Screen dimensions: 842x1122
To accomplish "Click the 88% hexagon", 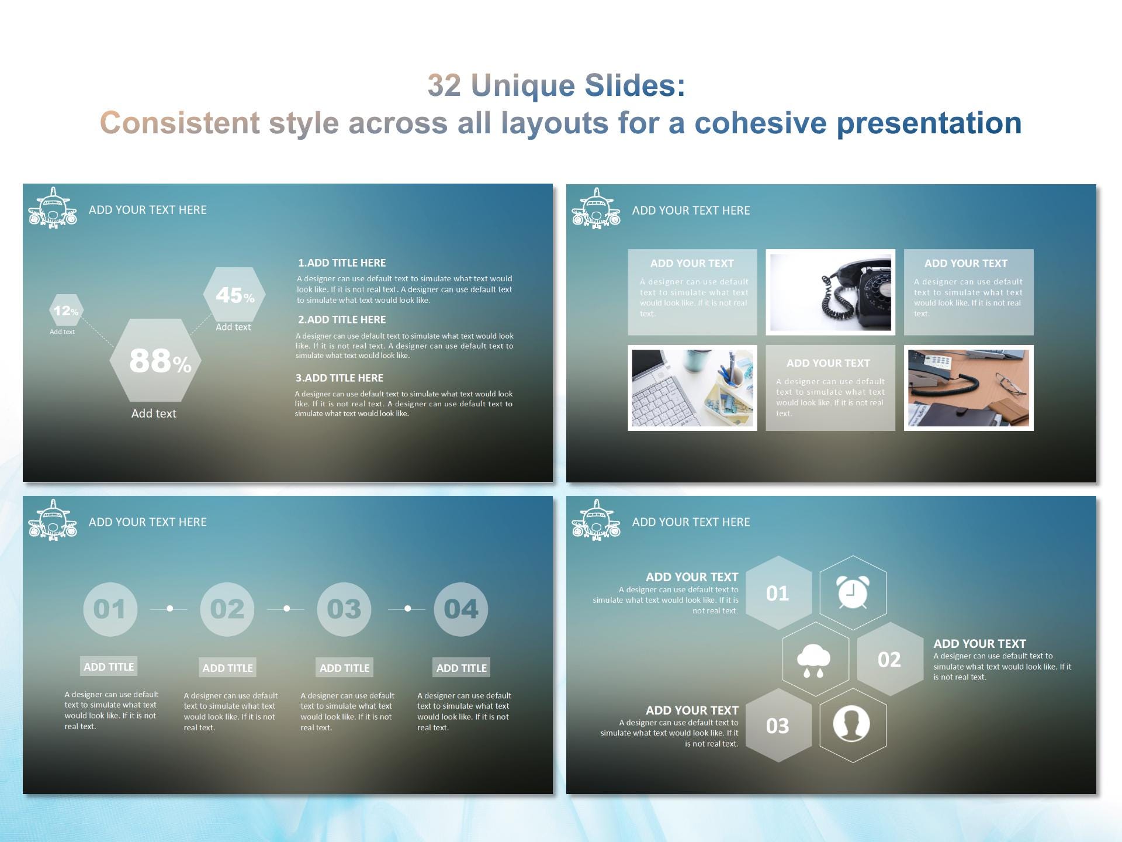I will coord(155,360).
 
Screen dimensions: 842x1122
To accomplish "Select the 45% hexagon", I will coord(234,295).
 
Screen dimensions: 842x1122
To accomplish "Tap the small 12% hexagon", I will coord(66,310).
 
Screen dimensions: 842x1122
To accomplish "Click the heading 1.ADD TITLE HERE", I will coord(342,263).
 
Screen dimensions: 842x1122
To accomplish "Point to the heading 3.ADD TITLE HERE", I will coord(340,378).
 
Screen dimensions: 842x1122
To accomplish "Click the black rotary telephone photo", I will coord(830,292).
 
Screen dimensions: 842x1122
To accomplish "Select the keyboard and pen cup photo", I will coord(692,388).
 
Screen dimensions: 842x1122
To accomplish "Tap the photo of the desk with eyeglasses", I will coord(968,388).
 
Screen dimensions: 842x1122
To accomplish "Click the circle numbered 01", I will coord(110,609).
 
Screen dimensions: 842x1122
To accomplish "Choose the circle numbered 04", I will coord(460,609).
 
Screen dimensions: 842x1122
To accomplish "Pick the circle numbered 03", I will coord(344,609).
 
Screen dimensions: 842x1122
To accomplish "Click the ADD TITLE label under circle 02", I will coord(227,668).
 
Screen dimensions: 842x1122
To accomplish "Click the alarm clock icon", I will coord(853,593).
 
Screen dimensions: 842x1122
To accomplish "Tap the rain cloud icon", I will coord(814,660).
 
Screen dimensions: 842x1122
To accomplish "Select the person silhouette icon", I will coord(851,725).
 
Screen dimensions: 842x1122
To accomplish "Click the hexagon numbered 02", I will coord(889,660).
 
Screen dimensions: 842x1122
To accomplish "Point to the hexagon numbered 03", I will coord(778,726).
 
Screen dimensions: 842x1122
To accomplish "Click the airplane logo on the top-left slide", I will coord(53,209).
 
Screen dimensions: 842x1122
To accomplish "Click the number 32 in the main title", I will coord(444,85).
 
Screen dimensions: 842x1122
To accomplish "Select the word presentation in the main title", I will coord(929,123).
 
